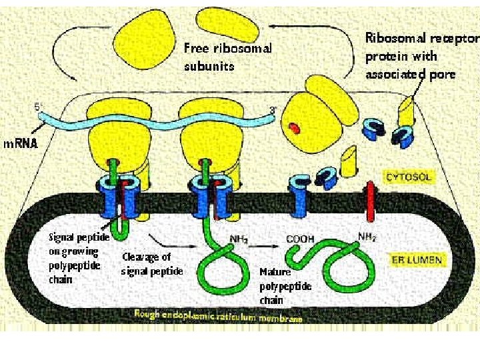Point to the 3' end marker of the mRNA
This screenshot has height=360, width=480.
[273, 110]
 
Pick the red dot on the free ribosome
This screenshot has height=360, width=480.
[294, 127]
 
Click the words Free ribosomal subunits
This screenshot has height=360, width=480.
[228, 57]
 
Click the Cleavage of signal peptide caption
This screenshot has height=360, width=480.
[151, 264]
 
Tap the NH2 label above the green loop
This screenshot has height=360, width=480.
[239, 237]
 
